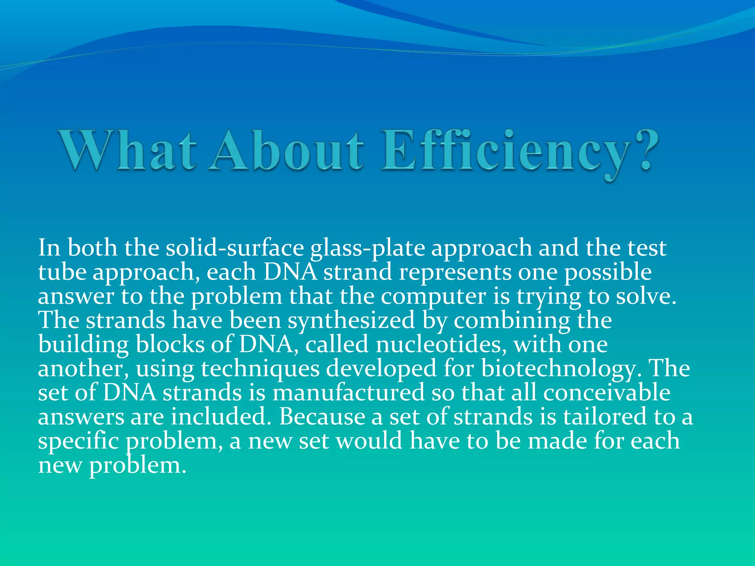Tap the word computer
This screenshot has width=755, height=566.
tap(433, 297)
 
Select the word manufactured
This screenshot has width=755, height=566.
tap(348, 392)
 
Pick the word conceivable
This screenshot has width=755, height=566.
tap(606, 392)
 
